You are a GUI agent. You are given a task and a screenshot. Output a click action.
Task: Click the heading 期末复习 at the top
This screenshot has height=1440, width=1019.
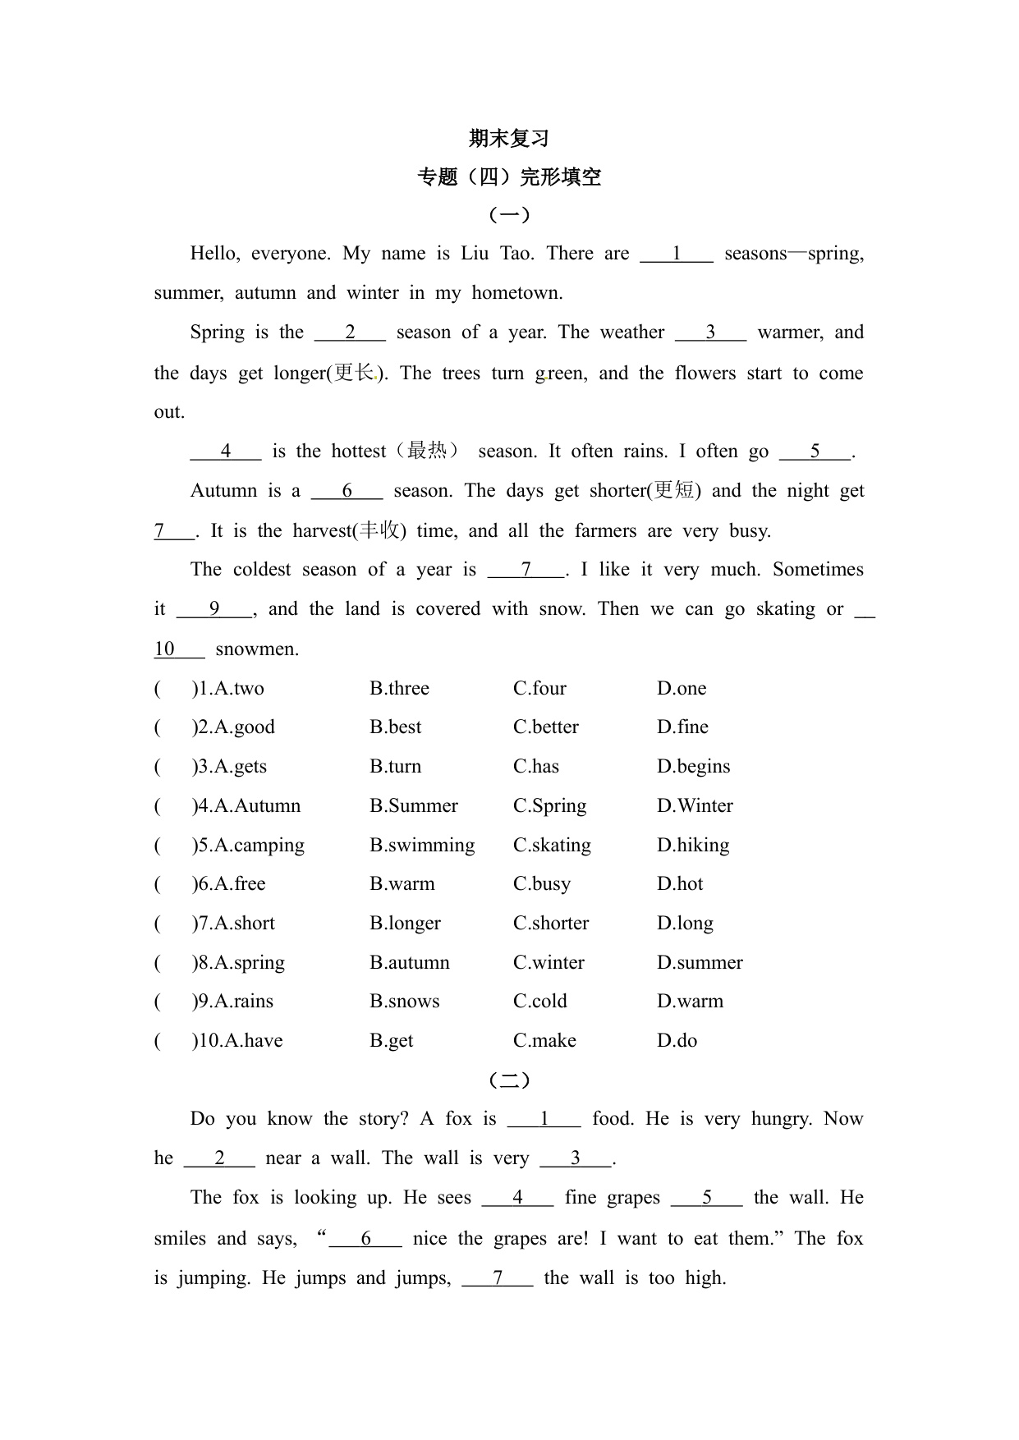click(x=509, y=139)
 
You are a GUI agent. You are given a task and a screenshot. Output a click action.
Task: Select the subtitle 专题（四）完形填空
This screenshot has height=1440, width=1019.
click(x=509, y=177)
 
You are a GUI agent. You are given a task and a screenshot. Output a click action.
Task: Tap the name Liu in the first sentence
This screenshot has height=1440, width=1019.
click(x=475, y=254)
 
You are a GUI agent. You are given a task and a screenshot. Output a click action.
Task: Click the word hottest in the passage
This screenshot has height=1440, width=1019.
click(x=358, y=452)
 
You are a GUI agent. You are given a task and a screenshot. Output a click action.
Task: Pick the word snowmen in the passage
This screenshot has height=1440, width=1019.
click(x=257, y=649)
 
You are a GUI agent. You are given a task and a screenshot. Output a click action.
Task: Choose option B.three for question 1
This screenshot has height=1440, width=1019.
click(x=399, y=689)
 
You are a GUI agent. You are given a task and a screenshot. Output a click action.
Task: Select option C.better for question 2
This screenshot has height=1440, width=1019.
click(x=546, y=727)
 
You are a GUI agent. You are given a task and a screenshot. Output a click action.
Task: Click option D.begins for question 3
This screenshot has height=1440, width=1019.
click(x=693, y=767)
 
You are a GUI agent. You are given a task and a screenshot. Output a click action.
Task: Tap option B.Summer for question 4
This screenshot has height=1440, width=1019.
click(x=414, y=806)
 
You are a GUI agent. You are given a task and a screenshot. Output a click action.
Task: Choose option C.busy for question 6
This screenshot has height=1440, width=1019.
click(x=542, y=884)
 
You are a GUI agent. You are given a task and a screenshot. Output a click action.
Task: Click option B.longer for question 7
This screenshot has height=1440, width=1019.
click(x=405, y=924)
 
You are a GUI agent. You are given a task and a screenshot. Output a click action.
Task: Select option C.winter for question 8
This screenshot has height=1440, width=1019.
click(x=549, y=963)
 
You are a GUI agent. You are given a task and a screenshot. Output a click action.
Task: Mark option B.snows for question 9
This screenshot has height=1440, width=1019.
click(x=404, y=1002)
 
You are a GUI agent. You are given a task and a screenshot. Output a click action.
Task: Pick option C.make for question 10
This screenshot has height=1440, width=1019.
click(x=544, y=1041)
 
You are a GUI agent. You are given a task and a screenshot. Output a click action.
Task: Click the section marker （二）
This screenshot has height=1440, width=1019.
click(x=509, y=1080)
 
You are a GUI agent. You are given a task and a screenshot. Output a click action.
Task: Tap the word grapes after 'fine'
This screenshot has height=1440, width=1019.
click(x=633, y=1198)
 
